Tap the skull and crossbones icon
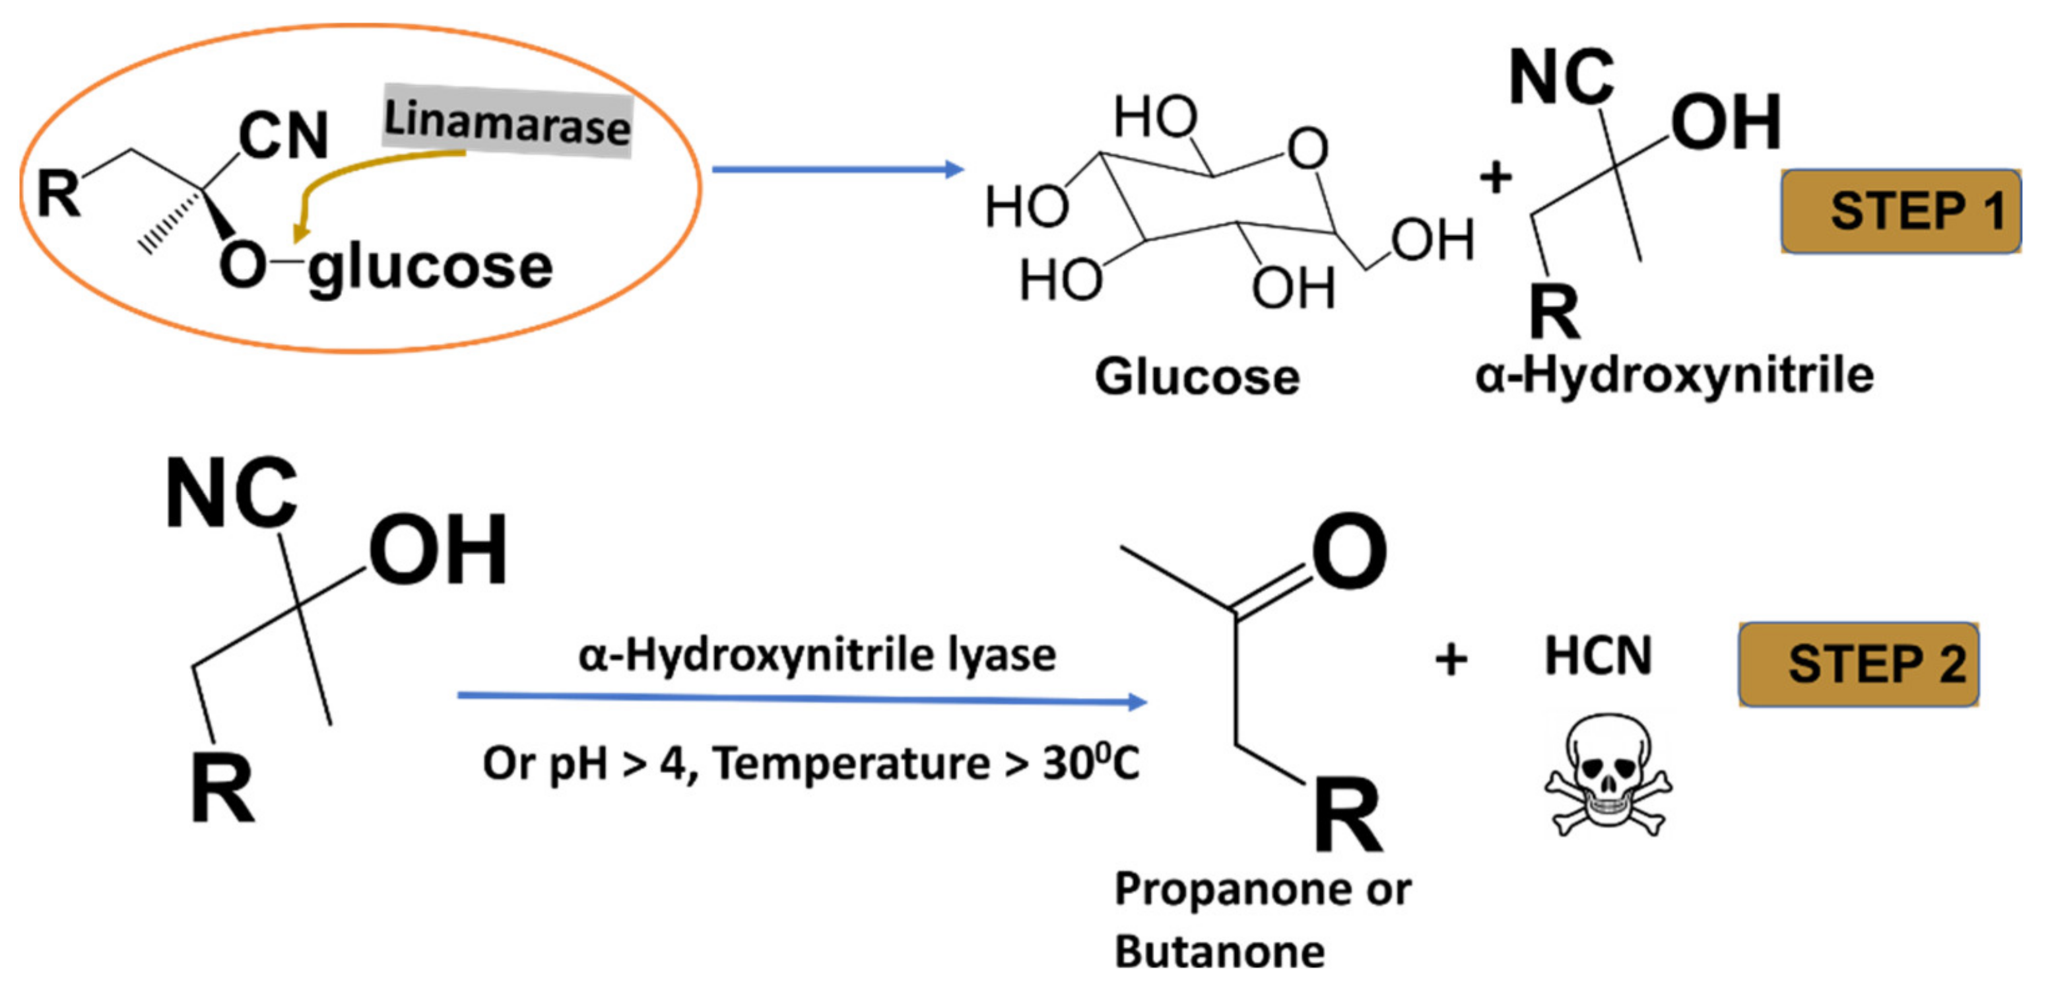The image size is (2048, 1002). coord(1607,775)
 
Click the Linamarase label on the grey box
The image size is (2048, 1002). coord(506,122)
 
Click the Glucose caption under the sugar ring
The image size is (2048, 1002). coord(1197,376)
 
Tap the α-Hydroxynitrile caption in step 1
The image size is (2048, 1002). coord(1674,375)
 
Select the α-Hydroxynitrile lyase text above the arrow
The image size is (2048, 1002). coord(816,655)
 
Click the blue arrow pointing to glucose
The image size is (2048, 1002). coord(835,170)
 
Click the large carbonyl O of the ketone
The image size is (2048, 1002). coord(1349,550)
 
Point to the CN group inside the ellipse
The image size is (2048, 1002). coord(283,135)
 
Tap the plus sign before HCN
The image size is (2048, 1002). coord(1451,659)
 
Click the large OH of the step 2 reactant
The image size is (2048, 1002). coord(437,549)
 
